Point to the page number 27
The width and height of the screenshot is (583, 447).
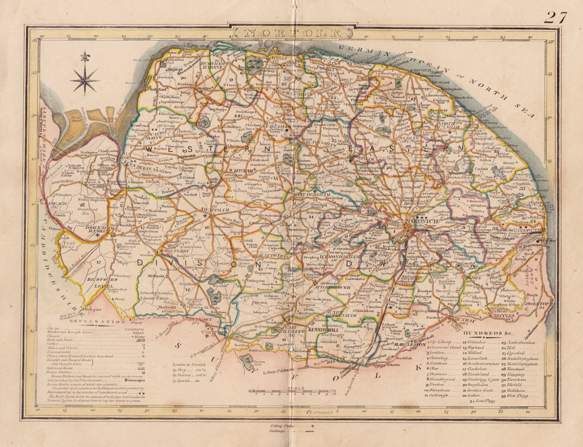click(x=555, y=17)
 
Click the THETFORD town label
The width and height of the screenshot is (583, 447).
click(x=211, y=331)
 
